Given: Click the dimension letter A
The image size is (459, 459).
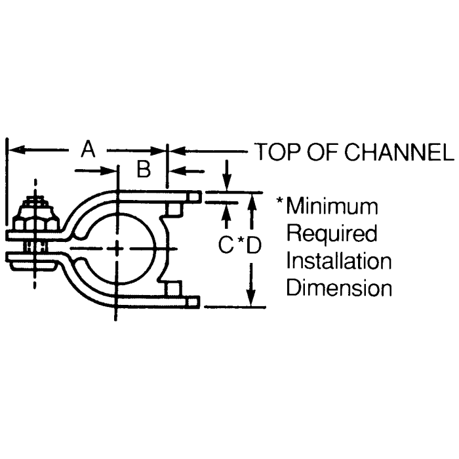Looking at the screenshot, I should (x=88, y=150).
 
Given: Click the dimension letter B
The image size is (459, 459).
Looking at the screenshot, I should (x=144, y=170).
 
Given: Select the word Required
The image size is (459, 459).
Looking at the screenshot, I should (x=332, y=233).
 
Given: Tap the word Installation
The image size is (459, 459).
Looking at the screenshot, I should (x=339, y=261).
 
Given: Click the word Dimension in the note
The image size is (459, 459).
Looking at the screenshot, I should (x=339, y=288).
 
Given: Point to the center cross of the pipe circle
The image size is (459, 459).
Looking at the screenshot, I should (x=117, y=249).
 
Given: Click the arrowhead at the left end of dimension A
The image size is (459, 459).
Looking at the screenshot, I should (x=14, y=151).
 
